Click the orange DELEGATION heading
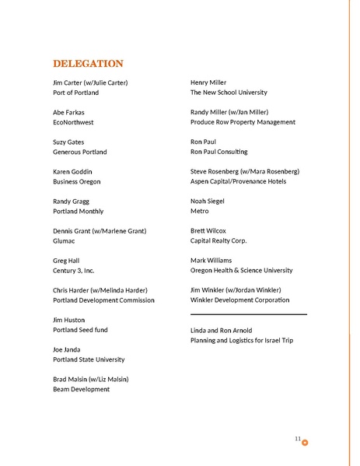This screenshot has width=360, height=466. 88,63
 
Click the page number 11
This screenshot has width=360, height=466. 298,440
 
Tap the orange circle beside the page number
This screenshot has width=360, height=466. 305,443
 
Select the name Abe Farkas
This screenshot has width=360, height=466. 68,112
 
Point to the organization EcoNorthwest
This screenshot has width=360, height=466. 74,122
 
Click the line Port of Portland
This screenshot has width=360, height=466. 75,93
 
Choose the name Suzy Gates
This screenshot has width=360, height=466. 70,142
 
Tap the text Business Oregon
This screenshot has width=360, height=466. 76,181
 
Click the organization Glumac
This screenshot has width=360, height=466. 65,241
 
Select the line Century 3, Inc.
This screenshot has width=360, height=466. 74,271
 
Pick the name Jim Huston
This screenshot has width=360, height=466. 69,320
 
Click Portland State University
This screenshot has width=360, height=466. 89,359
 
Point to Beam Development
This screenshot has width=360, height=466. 81,389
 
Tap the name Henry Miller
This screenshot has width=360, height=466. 208,82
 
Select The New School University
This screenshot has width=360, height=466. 229,93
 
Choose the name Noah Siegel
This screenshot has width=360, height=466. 208,201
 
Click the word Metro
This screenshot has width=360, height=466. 200,211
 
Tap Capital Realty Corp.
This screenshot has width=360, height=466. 218,240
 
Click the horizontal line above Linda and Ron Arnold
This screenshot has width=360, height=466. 248,314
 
